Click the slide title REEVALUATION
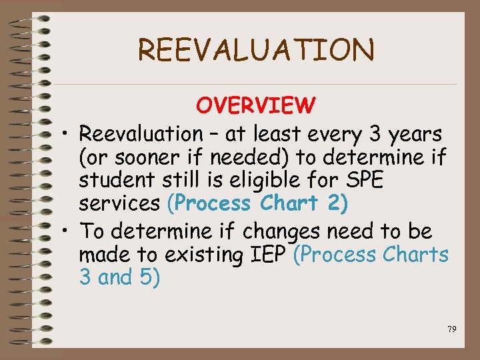256,51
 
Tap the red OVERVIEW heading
256,105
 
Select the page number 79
451,329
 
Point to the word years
415,135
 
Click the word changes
283,231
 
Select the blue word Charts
417,255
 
